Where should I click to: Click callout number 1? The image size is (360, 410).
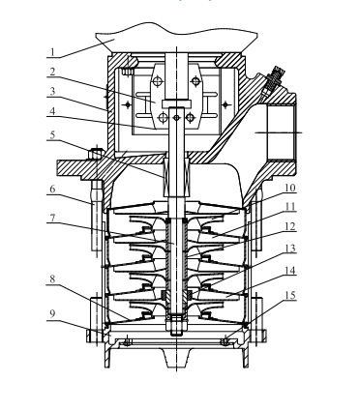coord(52,52)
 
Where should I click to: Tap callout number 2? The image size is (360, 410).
coord(52,72)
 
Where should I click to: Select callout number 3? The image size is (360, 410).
coord(52,91)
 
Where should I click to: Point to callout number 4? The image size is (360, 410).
coord(52,111)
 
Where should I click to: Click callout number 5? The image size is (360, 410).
coord(52,135)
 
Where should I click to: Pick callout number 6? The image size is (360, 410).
coord(52,190)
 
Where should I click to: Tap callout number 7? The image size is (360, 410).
coord(52,218)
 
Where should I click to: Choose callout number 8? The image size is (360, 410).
coord(52,279)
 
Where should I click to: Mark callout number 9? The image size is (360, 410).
coord(52,313)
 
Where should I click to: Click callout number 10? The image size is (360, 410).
coord(290,188)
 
